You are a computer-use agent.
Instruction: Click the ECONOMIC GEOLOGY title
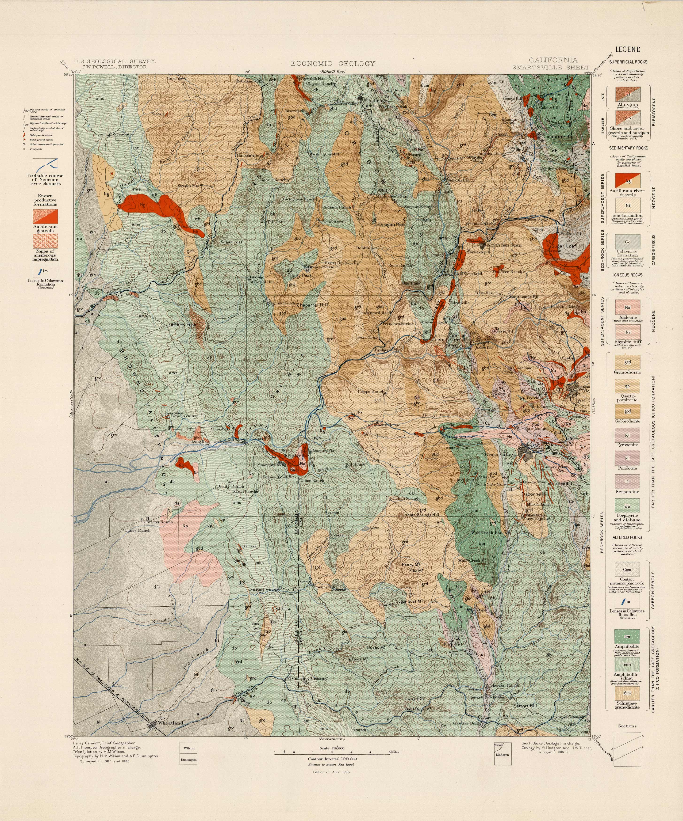(333, 63)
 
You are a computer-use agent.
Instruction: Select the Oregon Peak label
(391, 225)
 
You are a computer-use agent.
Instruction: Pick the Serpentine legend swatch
(627, 481)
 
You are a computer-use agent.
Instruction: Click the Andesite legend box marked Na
(627, 308)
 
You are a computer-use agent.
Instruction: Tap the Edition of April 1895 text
(331, 772)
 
